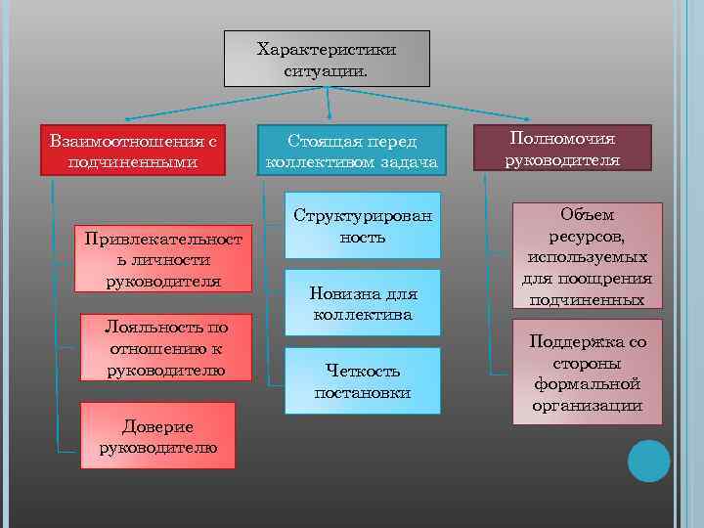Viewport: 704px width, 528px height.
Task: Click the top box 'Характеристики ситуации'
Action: click(327, 59)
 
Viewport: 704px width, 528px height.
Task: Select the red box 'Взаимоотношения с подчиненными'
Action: click(133, 151)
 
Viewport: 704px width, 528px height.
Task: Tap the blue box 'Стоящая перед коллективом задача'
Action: click(351, 151)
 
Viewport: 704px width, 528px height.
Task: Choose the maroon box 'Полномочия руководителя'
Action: click(561, 148)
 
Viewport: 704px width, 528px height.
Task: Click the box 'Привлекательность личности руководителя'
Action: click(164, 259)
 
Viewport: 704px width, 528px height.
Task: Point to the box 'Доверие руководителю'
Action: click(157, 436)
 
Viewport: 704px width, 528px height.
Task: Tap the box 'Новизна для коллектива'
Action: click(363, 304)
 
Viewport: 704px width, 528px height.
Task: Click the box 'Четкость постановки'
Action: click(363, 380)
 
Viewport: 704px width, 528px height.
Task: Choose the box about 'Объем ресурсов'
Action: click(589, 255)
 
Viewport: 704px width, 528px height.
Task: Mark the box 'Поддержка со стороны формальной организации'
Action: click(588, 372)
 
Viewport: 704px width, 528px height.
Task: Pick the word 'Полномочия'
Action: click(561, 138)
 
